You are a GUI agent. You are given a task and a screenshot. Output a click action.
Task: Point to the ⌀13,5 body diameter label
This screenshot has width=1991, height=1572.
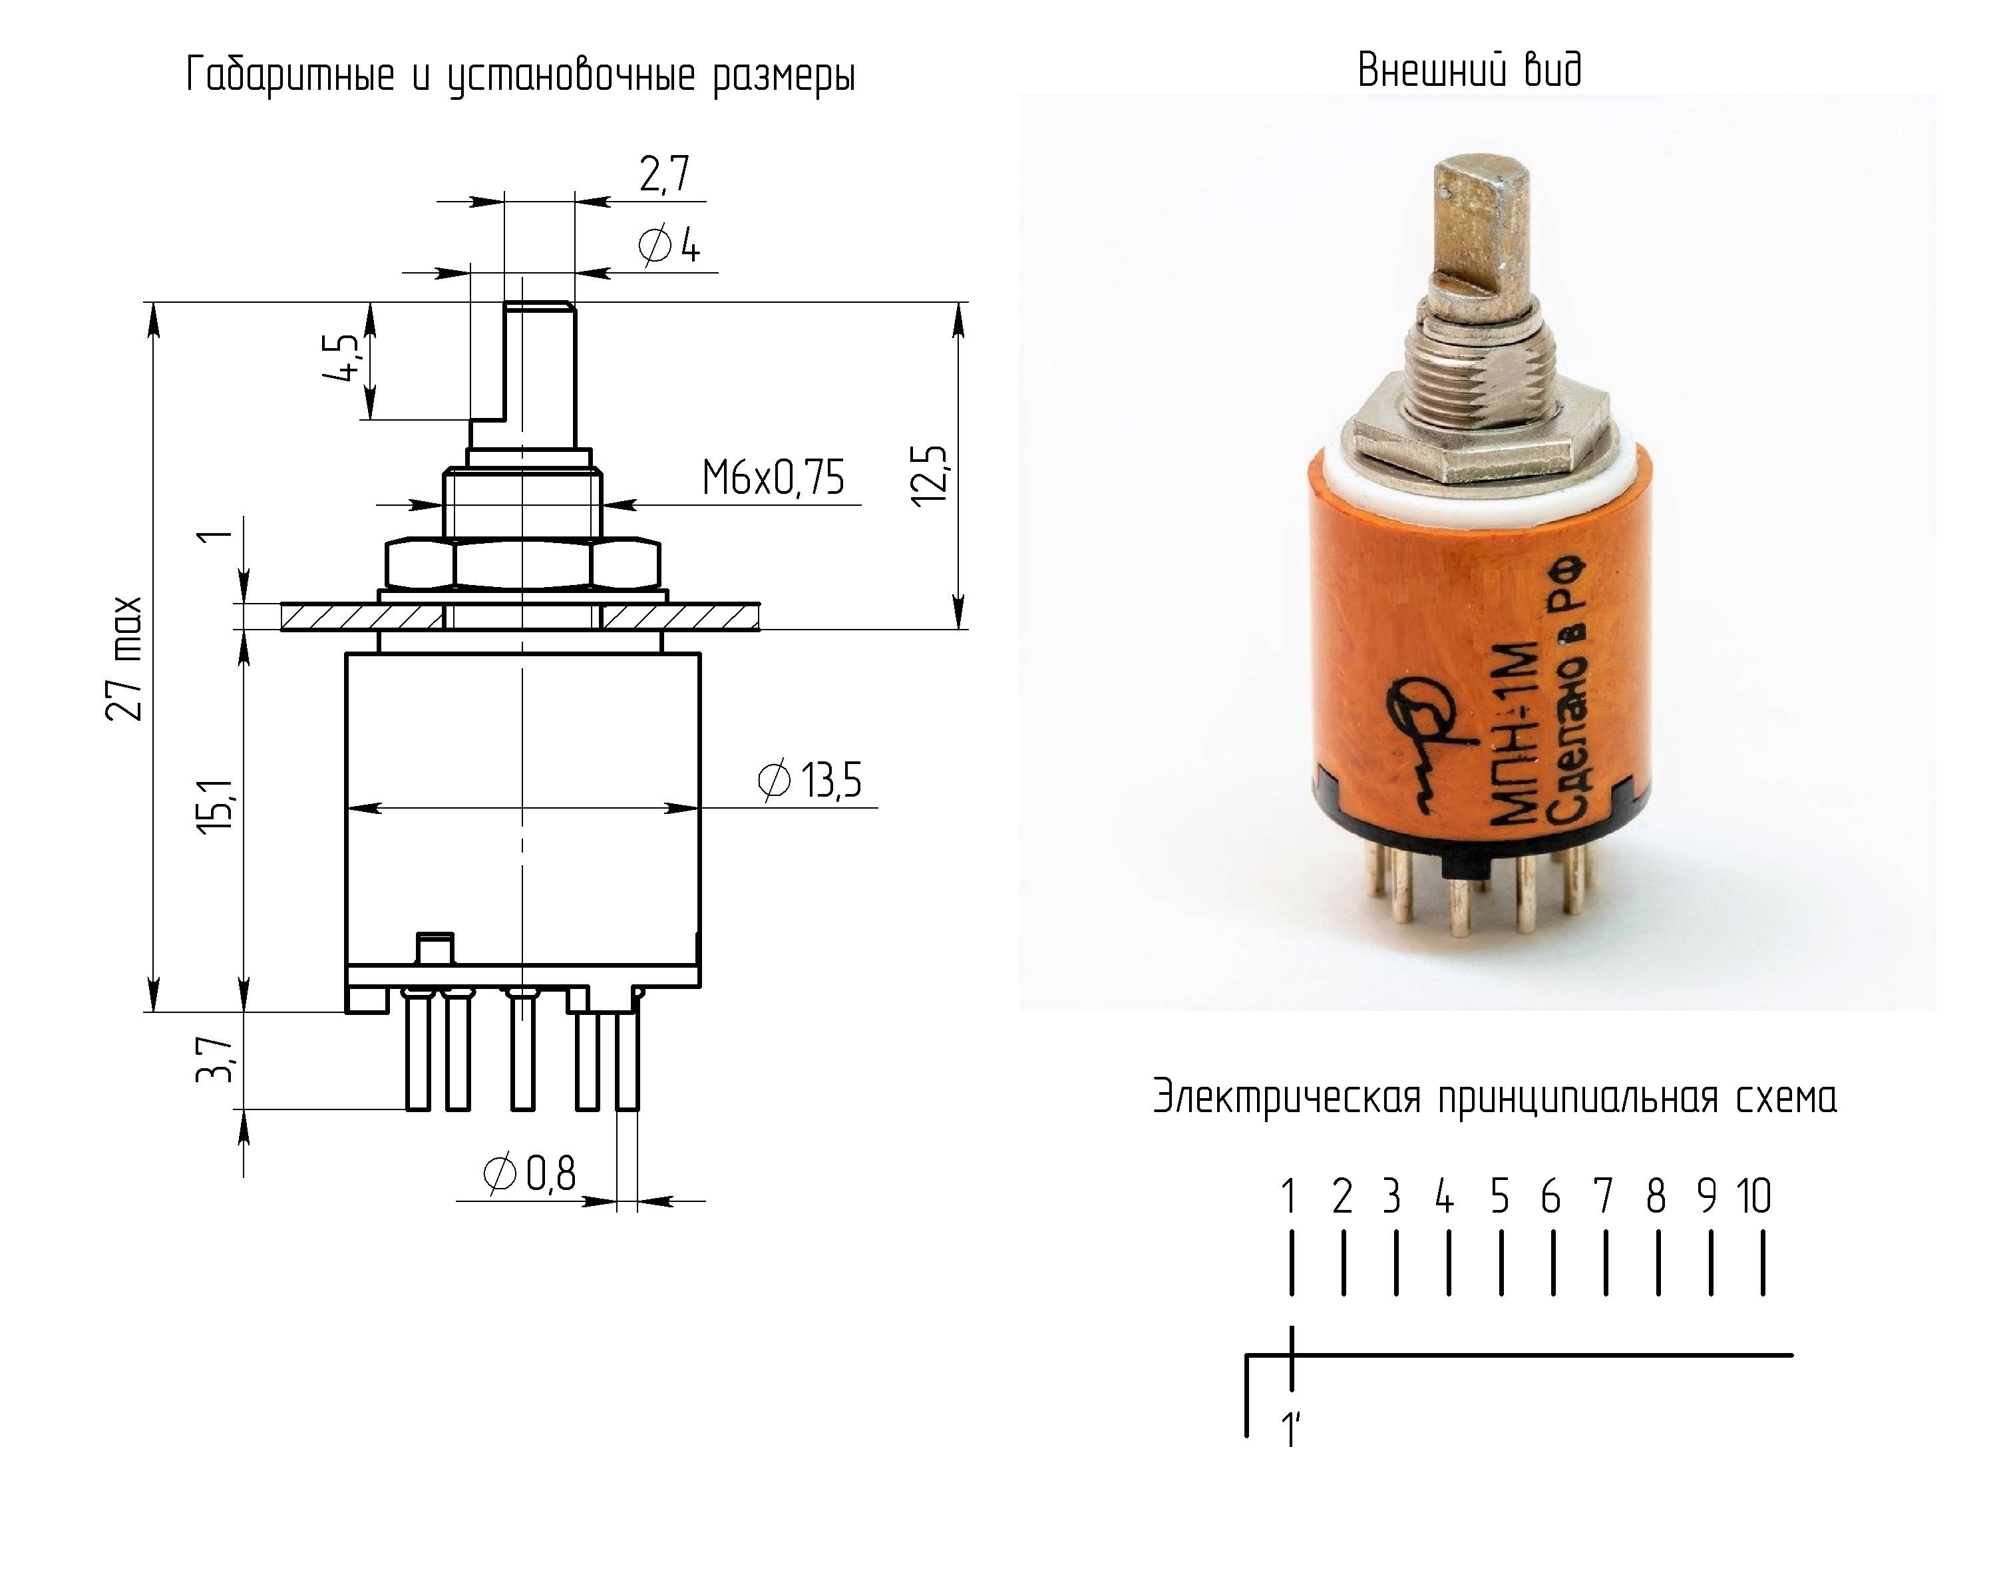pyautogui.click(x=810, y=781)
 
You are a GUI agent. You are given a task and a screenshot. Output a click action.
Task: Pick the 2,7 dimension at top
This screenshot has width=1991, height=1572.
pyautogui.click(x=664, y=174)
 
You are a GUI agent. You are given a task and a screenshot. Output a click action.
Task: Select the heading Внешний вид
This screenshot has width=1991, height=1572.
pyautogui.click(x=1469, y=70)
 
